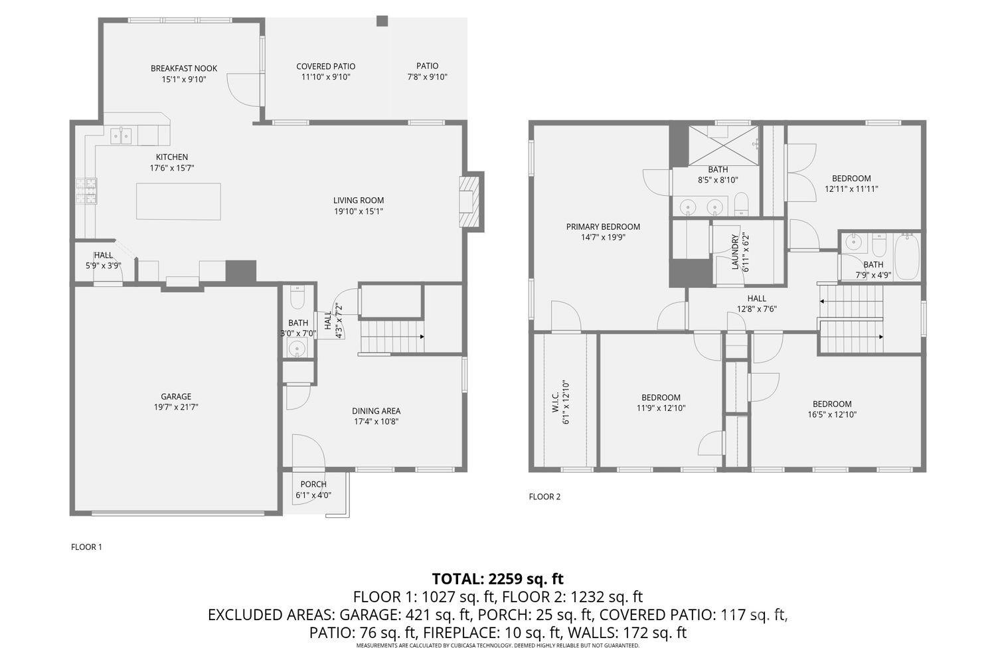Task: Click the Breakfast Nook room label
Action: [x=184, y=68]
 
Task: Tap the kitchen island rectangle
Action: [x=179, y=201]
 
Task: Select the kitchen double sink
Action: [x=121, y=135]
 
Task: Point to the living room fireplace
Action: [x=469, y=201]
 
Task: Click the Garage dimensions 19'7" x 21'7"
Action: [x=176, y=407]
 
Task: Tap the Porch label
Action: [x=313, y=484]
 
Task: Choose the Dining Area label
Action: [x=376, y=411]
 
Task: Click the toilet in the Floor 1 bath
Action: [x=297, y=297]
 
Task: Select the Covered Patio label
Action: [x=326, y=66]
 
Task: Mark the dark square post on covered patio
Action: [x=382, y=21]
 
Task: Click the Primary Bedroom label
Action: [x=603, y=227]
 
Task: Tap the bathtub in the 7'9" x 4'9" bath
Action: [x=906, y=257]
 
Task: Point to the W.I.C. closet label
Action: [x=555, y=402]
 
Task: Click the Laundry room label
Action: [x=735, y=252]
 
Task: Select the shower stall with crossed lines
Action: [x=724, y=145]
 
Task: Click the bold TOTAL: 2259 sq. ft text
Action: [x=497, y=578]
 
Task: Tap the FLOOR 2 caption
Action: [x=544, y=497]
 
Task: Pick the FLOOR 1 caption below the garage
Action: [x=87, y=547]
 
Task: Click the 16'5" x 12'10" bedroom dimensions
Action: [x=832, y=414]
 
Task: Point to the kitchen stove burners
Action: [x=86, y=191]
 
